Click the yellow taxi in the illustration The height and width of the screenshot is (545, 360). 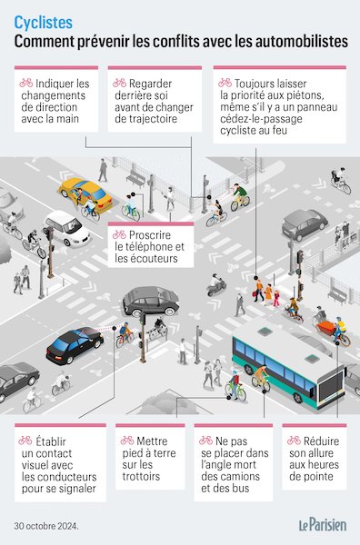click(x=85, y=192)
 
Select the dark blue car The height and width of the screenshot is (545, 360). click(x=75, y=345)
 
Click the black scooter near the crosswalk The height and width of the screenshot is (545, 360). click(x=215, y=287)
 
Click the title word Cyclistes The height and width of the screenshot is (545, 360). click(x=45, y=18)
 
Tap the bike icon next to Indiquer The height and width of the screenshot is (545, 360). click(x=25, y=83)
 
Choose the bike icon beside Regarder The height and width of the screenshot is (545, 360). click(x=119, y=83)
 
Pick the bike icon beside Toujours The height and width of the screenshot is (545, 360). click(x=225, y=83)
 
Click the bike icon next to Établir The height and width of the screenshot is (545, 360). click(x=25, y=441)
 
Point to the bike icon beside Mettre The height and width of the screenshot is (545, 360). click(x=127, y=441)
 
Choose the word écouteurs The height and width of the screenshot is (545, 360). click(x=154, y=259)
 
